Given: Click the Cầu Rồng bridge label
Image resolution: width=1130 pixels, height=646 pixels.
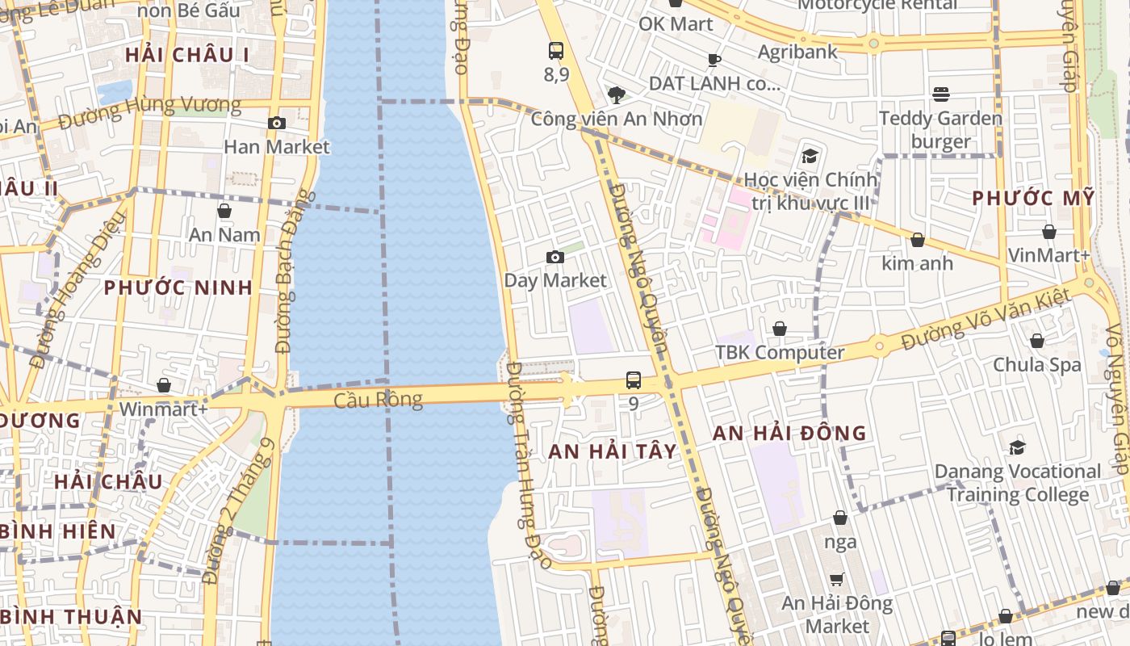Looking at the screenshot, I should [378, 400].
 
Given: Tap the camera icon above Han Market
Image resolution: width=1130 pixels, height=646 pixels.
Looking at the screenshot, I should [277, 123].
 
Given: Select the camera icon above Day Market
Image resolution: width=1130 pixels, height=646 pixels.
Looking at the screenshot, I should [555, 257].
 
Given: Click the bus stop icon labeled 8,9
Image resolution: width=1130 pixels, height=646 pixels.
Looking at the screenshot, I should [556, 50].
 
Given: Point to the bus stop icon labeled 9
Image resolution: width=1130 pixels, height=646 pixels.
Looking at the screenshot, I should [634, 380].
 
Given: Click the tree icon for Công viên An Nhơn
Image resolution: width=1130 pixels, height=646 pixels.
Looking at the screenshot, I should [617, 95].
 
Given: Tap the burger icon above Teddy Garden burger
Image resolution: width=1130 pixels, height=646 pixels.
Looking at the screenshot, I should [940, 94].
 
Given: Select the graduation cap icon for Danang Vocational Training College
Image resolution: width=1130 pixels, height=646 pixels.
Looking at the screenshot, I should [1017, 447].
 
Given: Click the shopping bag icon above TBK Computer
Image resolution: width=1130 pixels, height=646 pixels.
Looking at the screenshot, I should [780, 329].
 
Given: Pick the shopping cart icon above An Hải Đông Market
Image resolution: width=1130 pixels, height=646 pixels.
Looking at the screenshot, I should [837, 579].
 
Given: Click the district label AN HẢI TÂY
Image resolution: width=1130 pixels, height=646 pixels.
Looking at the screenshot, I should [613, 451].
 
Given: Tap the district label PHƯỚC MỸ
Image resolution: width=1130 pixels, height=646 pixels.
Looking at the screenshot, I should [1033, 198].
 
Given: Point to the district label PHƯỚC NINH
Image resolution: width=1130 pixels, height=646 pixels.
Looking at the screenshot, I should [178, 287].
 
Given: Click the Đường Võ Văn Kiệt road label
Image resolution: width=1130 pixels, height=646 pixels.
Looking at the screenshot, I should [986, 320].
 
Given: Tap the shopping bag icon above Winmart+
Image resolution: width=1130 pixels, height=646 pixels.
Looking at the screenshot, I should [164, 385].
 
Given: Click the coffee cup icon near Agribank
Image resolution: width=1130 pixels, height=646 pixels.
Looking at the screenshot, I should [714, 59].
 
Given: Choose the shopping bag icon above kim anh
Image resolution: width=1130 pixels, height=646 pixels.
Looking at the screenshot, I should [917, 240].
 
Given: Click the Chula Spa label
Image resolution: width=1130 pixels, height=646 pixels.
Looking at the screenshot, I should [1036, 364].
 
